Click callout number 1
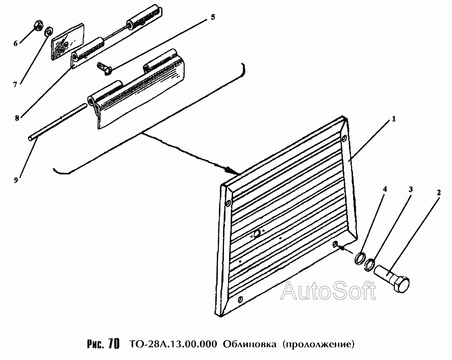pyautogui.click(x=393, y=119)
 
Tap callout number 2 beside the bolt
pyautogui.click(x=438, y=193)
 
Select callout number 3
pyautogui.click(x=411, y=189)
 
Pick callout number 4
pyautogui.click(x=385, y=189)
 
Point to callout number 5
pyautogui.click(x=213, y=17)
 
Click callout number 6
pyautogui.click(x=15, y=43)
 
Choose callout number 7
pyautogui.click(x=15, y=85)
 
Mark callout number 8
pyautogui.click(x=17, y=118)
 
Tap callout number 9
pyautogui.click(x=16, y=180)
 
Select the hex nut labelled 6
pyautogui.click(x=38, y=25)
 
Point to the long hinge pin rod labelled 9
pyautogui.click(x=57, y=122)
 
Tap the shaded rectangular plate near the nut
pyautogui.click(x=67, y=42)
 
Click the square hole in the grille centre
pyautogui.click(x=257, y=234)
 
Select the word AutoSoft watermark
pyautogui.click(x=329, y=290)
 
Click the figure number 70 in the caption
pyautogui.click(x=114, y=344)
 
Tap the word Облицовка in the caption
pyautogui.click(x=249, y=344)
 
